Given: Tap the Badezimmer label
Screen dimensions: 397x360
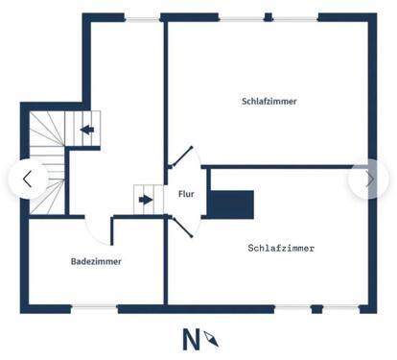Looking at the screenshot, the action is point(96,260).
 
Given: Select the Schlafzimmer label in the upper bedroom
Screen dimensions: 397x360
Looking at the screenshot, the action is point(269,101).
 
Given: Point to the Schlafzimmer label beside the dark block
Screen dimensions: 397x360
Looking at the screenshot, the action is point(281,248).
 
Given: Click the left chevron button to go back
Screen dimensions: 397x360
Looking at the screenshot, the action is point(27,179).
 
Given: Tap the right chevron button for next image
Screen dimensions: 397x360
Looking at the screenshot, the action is point(369,179).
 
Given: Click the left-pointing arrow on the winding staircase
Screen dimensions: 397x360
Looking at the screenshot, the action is point(87,130).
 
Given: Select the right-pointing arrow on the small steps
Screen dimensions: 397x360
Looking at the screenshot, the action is point(145,200).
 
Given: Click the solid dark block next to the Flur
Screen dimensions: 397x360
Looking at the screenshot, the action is point(231,203).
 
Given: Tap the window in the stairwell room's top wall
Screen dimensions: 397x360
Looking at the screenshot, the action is point(144,16).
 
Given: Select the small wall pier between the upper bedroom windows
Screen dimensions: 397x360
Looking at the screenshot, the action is point(269,16).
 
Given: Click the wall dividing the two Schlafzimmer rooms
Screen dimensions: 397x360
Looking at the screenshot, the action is point(288,166).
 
